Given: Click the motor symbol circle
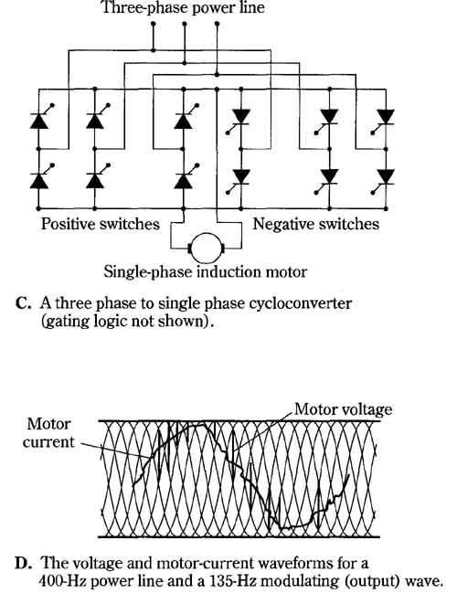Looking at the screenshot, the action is (206, 248).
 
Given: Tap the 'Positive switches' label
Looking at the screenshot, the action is (101, 224).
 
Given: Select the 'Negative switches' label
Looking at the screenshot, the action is (315, 224).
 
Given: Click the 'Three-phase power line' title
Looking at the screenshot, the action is (183, 7).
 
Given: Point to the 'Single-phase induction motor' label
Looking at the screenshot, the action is (206, 272).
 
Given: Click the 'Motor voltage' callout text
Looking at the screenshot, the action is (344, 409).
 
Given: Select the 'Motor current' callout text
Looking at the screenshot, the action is (48, 432).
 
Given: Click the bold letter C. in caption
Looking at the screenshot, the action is (23, 303).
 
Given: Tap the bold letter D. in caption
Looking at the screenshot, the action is (22, 563).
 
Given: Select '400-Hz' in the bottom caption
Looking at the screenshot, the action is (62, 581).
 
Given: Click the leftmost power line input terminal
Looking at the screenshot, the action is (153, 24).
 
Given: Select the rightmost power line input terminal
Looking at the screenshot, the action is (217, 24).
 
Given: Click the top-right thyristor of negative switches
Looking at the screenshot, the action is (384, 121).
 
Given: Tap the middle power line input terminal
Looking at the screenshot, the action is (185, 24).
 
